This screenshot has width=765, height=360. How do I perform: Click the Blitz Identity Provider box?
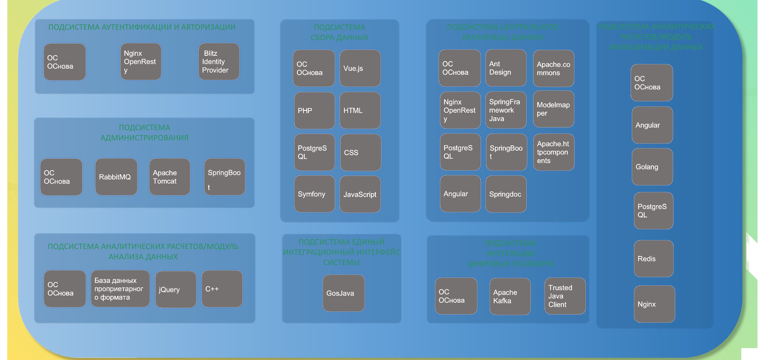tap(219, 62)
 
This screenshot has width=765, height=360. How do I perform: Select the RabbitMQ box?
tap(116, 177)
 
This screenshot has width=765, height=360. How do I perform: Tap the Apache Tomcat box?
tap(170, 177)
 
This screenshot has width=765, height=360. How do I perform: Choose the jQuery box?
tap(175, 289)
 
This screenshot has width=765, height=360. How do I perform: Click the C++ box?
tap(222, 289)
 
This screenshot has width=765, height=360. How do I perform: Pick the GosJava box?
tap(344, 293)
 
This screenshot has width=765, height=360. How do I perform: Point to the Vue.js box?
tap(360, 68)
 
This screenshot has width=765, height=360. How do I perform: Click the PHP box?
tap(315, 111)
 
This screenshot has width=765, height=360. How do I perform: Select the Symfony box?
tap(315, 194)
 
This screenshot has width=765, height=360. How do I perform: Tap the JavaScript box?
tap(360, 194)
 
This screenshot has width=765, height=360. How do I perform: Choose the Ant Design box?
tap(506, 68)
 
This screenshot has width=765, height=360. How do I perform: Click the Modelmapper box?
tap(553, 109)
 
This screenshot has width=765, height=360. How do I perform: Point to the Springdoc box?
tap(506, 194)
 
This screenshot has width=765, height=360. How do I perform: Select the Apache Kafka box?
tap(510, 297)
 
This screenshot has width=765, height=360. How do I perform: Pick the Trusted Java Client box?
tap(565, 296)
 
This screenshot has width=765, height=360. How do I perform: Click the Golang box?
tap(652, 167)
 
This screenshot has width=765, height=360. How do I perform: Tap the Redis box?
tap(653, 259)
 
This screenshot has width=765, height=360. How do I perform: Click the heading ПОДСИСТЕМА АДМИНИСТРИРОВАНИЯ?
tap(145, 133)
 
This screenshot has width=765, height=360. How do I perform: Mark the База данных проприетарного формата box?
tap(120, 289)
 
